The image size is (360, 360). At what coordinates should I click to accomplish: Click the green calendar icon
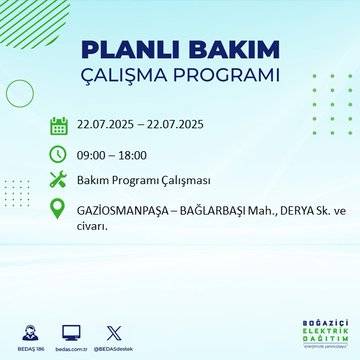(x=59, y=125)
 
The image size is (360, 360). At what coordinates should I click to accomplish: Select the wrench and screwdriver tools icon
(x=59, y=180)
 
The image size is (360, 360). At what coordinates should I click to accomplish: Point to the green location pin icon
(x=59, y=210)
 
